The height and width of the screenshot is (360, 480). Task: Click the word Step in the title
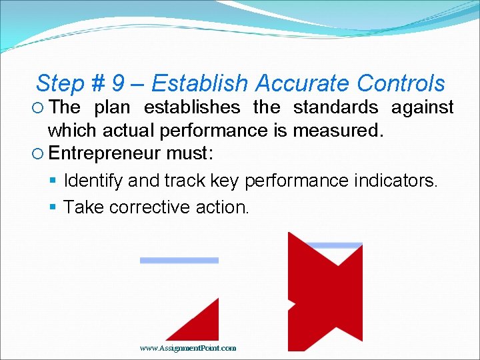(x=60, y=84)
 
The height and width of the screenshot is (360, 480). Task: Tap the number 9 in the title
(x=118, y=84)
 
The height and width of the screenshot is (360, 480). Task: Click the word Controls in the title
(x=401, y=84)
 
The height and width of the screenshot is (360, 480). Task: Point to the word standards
(x=335, y=107)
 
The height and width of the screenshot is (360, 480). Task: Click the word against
(x=422, y=107)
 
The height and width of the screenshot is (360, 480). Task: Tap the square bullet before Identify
(x=54, y=181)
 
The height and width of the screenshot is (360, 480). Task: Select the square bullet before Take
(x=54, y=207)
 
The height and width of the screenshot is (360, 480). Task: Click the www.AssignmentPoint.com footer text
(x=188, y=348)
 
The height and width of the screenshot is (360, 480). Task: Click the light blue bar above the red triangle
(x=179, y=260)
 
